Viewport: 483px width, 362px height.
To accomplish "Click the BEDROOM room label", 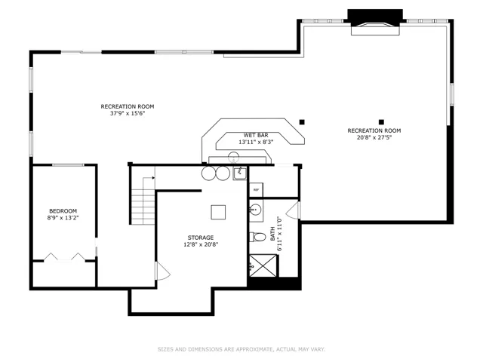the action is [x=63, y=211].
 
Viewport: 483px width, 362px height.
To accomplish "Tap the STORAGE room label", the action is [x=201, y=238].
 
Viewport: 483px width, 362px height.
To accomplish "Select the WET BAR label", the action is [x=256, y=135].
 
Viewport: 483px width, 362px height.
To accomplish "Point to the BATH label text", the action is [x=272, y=234].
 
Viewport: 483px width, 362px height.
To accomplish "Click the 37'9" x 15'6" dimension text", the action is [x=128, y=113].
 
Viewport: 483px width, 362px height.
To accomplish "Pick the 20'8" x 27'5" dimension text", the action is [x=374, y=137].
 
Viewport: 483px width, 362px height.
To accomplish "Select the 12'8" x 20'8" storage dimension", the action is [x=201, y=244].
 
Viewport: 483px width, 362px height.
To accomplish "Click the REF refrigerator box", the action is [x=256, y=189].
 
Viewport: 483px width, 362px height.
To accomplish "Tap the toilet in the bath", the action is [x=258, y=237].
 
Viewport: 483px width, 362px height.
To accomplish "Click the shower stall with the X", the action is [x=263, y=265].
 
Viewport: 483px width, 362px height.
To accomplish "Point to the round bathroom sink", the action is [x=255, y=210].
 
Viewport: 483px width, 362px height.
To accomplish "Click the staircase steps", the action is [x=143, y=201].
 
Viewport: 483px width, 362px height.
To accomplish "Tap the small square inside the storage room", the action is [x=218, y=212].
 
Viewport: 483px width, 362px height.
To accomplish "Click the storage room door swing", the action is [x=163, y=271].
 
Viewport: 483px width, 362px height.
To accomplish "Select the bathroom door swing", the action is [x=293, y=210].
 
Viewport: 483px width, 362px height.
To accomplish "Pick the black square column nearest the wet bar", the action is [x=302, y=122].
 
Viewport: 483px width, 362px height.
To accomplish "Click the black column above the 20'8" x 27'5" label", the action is [x=381, y=122].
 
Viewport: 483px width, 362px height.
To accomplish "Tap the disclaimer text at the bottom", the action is [x=241, y=349].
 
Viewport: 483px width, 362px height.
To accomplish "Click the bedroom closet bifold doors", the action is [x=64, y=257].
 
